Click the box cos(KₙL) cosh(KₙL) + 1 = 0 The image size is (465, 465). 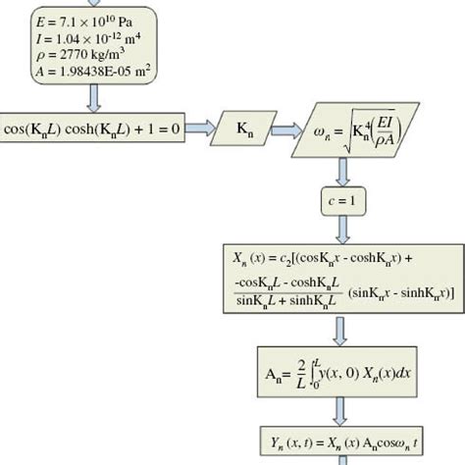93,129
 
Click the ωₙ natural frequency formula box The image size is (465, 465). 367,128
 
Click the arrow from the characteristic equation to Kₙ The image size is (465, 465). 204,129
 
